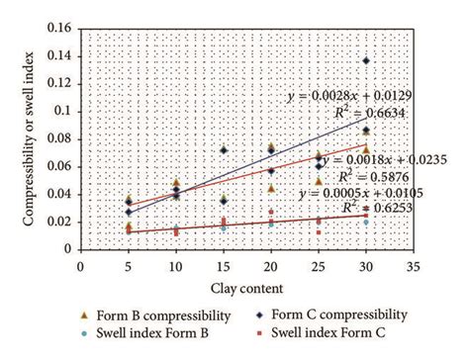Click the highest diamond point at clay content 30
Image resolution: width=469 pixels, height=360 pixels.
[x=367, y=60]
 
